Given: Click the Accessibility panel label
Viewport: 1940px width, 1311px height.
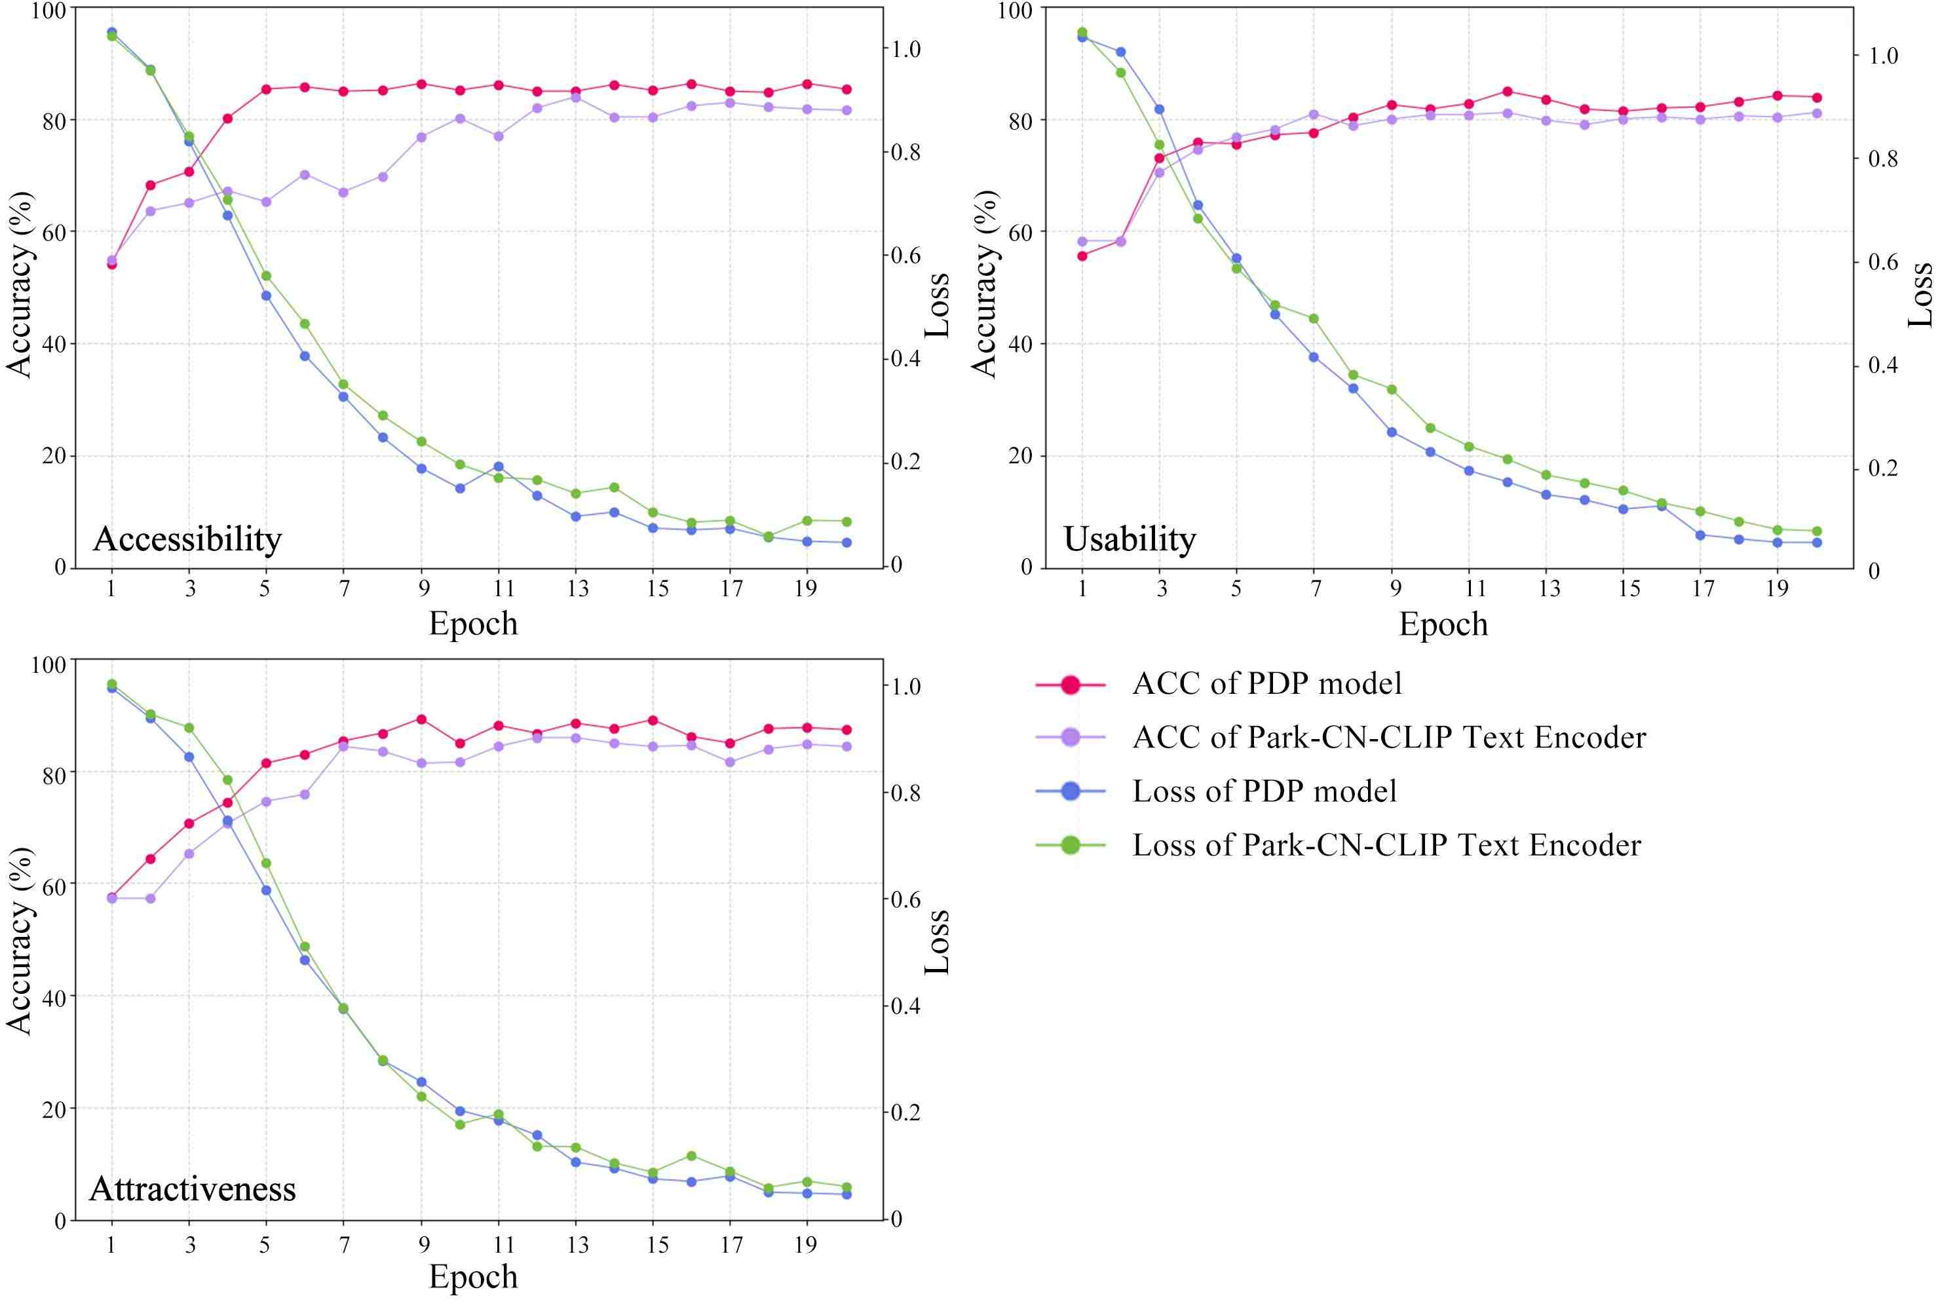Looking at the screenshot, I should tap(187, 539).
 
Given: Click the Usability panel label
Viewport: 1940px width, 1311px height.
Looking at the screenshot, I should tap(1130, 539).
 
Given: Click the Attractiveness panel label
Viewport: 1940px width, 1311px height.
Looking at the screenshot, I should tap(193, 1188).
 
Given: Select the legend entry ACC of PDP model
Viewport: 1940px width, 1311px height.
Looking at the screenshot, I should tap(1266, 683).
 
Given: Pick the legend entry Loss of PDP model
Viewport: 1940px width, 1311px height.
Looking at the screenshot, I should tap(1264, 791).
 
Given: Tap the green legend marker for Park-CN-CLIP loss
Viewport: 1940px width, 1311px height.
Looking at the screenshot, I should tap(1070, 845).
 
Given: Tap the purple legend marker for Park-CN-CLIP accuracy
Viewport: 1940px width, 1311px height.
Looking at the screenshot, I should tap(1070, 738).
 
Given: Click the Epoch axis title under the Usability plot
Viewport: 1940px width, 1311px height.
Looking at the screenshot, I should tap(1443, 624).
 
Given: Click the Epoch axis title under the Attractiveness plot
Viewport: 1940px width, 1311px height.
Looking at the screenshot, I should tap(473, 1277).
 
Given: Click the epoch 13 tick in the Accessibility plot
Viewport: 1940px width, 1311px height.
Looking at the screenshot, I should tap(578, 589).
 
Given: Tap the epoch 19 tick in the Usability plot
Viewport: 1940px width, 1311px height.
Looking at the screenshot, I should tap(1778, 589).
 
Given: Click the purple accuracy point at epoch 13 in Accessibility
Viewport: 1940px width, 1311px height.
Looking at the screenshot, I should tap(575, 98).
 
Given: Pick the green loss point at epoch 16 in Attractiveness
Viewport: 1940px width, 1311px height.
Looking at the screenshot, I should tap(691, 1156).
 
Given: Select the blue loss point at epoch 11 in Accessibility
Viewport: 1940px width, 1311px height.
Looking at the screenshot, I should tap(499, 466).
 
